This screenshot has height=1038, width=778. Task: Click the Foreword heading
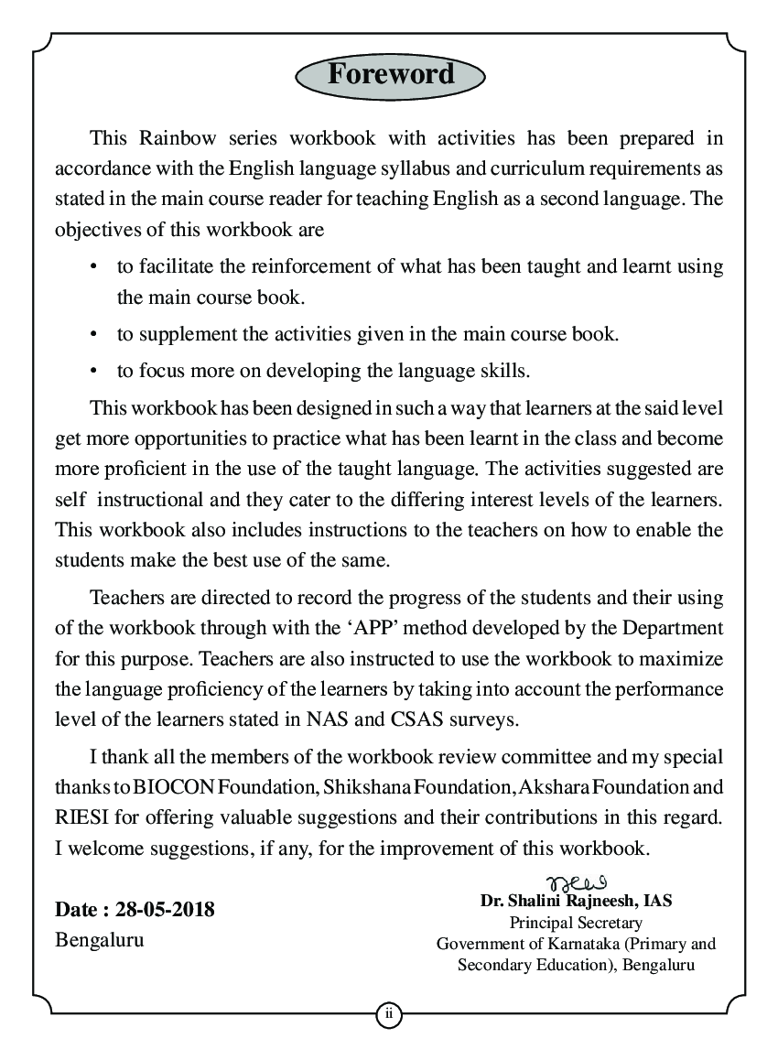tap(390, 73)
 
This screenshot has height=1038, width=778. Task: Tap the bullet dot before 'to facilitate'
tap(93, 267)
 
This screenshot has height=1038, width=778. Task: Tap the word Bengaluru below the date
tap(99, 940)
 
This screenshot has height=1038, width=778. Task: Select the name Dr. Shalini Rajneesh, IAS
tap(576, 901)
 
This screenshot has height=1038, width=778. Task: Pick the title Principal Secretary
tap(576, 923)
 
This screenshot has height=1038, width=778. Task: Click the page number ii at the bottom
tap(388, 1013)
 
